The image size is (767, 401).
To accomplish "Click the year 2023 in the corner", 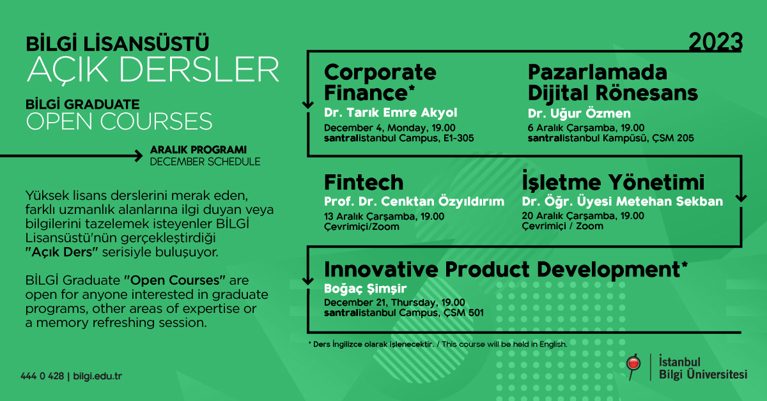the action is coord(715,42).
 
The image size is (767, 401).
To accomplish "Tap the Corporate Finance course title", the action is coord(380,82).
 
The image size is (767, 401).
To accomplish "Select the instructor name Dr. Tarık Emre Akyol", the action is coord(391,112).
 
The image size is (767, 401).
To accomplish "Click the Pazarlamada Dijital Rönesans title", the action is coord(612,82).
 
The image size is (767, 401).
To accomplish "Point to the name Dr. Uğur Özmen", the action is coord(579,113).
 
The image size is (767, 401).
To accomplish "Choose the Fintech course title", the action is coord(364,182).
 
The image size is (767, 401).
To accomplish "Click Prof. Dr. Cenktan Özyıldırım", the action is coord(414,201).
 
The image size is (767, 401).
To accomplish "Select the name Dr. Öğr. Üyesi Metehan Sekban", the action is coord(622,201).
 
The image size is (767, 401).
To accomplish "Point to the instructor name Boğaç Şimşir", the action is coord(365,289).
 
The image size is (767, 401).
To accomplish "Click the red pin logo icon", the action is coord(633,367).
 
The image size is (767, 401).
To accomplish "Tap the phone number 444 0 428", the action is coord(42,376).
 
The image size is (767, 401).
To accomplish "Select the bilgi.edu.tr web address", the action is coord(98,376).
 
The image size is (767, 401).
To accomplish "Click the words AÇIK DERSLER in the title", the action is coord(153,70).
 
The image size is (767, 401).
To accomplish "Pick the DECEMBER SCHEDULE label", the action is coord(205,162).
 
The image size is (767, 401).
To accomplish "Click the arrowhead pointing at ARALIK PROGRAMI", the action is coord(139,156).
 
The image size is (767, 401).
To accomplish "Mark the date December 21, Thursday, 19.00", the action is coord(394,303).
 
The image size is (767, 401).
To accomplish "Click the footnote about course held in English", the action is coord(438,344).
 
